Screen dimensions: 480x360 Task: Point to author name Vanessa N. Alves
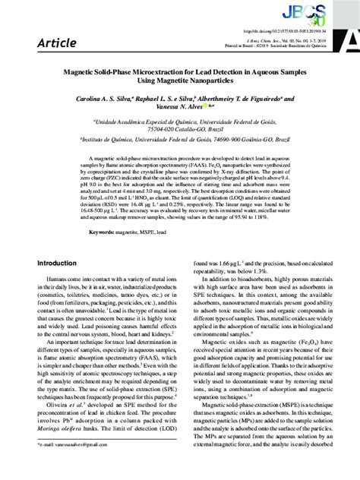[x=174, y=108]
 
